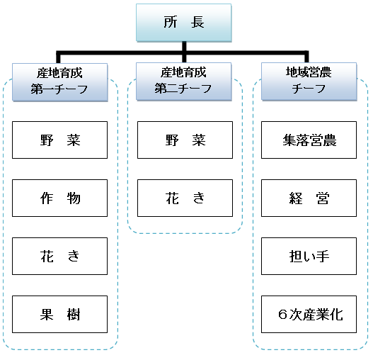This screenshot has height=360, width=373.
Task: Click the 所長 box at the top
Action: coord(183,23)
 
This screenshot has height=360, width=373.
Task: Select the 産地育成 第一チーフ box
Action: coord(60,82)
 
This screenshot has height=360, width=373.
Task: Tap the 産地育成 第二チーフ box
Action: coord(183,81)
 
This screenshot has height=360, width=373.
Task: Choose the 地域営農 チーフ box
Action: coord(309,81)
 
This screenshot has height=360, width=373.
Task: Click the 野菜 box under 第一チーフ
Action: coord(59,140)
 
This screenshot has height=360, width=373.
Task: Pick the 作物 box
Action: coord(59,198)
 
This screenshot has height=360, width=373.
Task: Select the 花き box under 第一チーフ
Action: coord(59,256)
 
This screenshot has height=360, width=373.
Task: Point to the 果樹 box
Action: coord(59,314)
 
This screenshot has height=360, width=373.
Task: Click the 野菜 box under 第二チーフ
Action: coord(185,140)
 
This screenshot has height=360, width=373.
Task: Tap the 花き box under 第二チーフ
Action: coord(185,198)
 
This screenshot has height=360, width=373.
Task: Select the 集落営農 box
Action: coord(309,140)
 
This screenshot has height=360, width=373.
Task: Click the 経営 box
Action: coord(309,198)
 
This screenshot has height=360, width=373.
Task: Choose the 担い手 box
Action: coord(309,256)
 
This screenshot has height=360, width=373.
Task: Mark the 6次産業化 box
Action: coord(309,314)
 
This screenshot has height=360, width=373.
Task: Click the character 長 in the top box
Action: coord(197,22)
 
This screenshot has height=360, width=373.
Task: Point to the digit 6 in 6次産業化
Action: coord(283,314)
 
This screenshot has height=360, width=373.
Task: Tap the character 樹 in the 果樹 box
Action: coord(74,315)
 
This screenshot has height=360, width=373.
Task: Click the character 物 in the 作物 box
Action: coord(74,198)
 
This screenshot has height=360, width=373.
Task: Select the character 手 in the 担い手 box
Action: coord(323,257)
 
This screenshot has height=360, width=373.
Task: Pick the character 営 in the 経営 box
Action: coord(323,198)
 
